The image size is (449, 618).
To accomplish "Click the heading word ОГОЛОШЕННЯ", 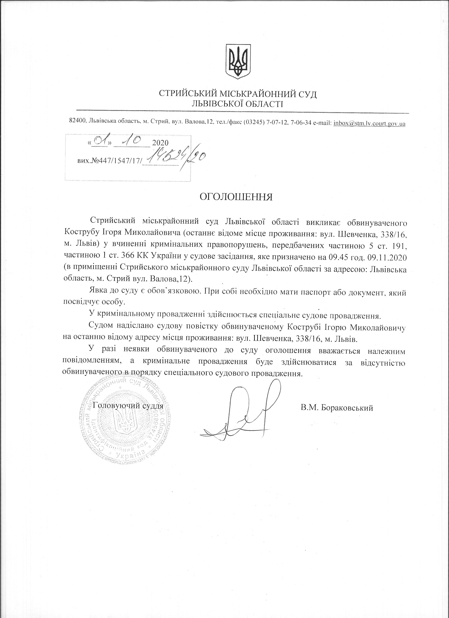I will tap(236, 197).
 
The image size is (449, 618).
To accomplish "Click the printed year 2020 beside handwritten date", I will tap(160, 143).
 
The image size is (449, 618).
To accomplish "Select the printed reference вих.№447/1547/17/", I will tap(110, 162).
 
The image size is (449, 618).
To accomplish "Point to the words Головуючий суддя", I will tap(128, 405).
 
